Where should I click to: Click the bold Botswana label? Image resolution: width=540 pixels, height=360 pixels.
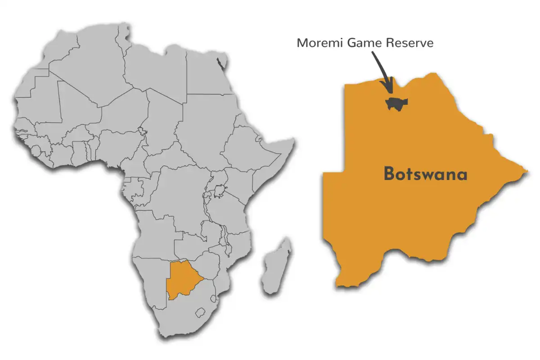[425, 175]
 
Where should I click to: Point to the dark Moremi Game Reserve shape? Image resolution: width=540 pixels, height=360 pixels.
[396, 103]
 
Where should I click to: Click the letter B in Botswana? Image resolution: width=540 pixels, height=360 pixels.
[389, 175]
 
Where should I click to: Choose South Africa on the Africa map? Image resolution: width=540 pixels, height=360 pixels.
[180, 315]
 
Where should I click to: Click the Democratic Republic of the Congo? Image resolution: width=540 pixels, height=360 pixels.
[180, 193]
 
